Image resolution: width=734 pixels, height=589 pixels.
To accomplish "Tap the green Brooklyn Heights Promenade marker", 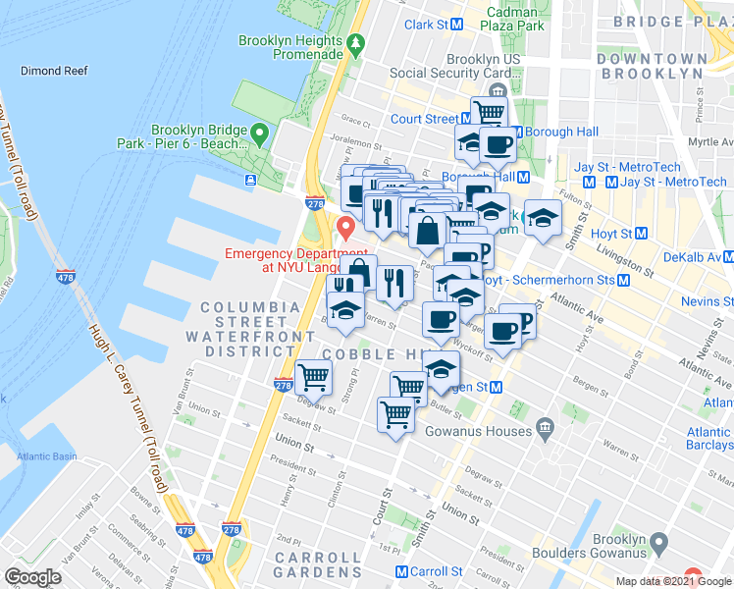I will pyautogui.click(x=355, y=42).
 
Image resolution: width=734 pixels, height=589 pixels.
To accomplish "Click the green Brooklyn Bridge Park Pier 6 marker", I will pyautogui.click(x=259, y=133).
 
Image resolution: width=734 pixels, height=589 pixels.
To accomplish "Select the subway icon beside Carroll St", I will pyautogui.click(x=401, y=571).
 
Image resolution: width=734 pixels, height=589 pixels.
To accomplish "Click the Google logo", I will pyautogui.click(x=33, y=577).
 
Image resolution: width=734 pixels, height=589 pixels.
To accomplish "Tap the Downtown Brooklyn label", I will pyautogui.click(x=650, y=67).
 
